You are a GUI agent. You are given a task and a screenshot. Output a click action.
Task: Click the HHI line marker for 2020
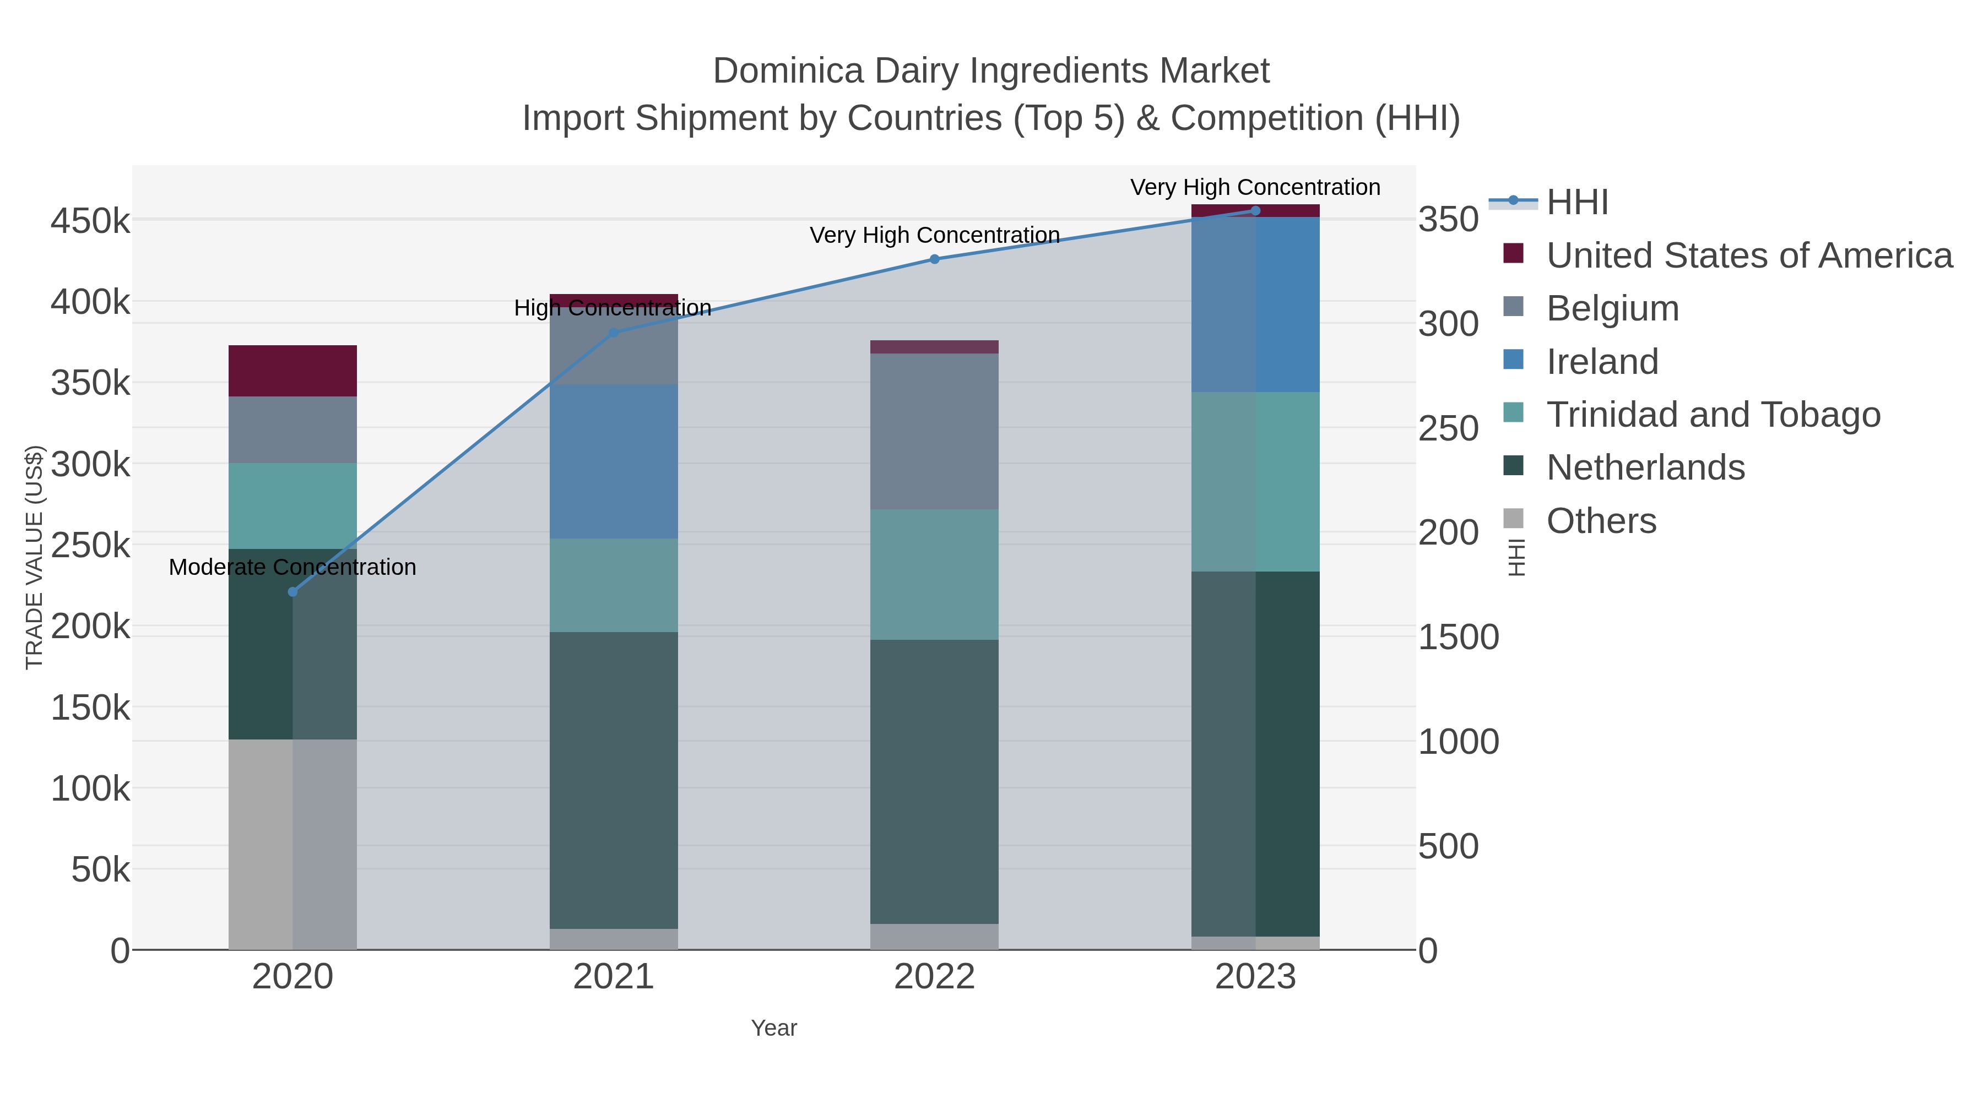(292, 592)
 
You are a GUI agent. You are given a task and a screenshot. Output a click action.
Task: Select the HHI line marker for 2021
(614, 333)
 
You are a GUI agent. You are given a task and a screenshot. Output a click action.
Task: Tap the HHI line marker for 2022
(935, 259)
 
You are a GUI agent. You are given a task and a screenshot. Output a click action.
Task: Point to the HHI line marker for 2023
(1255, 211)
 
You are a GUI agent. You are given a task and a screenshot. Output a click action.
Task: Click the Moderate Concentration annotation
(292, 567)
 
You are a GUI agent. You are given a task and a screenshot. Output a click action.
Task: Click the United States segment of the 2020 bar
(292, 371)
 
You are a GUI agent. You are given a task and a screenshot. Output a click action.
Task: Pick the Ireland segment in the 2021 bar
(614, 462)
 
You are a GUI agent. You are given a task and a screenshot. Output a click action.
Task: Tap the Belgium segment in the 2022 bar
(935, 431)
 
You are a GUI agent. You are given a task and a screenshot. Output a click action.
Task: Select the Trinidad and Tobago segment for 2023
(1255, 482)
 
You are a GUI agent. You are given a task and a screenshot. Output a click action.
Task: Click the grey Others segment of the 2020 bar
(262, 844)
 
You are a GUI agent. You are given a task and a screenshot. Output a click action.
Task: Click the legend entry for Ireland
(1602, 362)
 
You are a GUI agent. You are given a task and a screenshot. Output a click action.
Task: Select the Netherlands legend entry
(1645, 468)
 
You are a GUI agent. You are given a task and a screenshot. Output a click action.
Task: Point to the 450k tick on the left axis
(91, 221)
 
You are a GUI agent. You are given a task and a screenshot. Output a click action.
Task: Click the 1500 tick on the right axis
(1458, 637)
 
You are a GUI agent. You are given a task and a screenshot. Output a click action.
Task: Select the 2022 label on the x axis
(935, 977)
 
